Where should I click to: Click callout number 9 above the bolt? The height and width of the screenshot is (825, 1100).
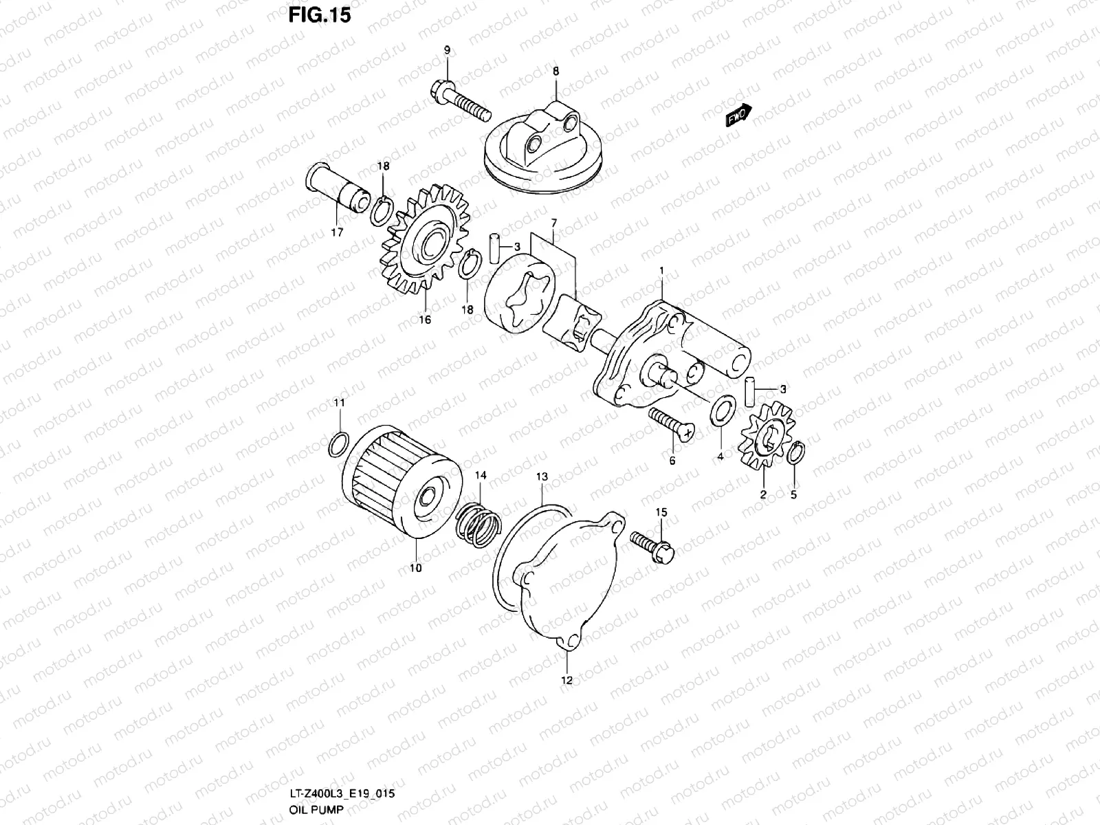446,50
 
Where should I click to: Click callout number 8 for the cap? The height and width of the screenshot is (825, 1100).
555,71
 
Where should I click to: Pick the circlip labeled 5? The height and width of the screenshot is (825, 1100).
796,454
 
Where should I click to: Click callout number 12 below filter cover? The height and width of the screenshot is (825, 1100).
567,680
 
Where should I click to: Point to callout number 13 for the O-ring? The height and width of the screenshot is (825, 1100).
542,476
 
